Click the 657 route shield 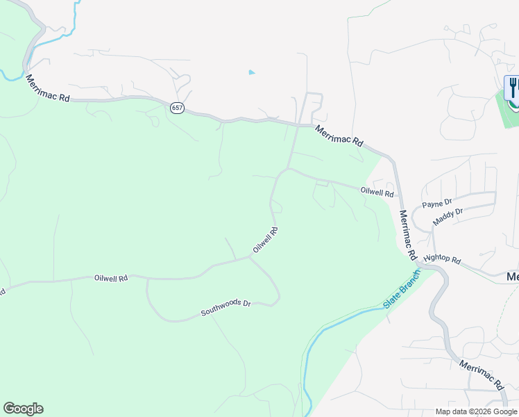[x=177, y=108]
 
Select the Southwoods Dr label [x=226, y=309]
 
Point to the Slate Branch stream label [x=402, y=291]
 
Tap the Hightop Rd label [x=442, y=259]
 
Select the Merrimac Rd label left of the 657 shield [x=48, y=89]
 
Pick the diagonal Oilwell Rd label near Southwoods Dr [x=265, y=240]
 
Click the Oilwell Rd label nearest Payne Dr [x=377, y=191]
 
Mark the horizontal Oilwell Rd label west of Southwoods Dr [x=111, y=278]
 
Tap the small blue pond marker [x=251, y=72]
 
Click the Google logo [x=23, y=409]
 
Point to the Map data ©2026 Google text [x=476, y=411]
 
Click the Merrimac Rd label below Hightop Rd [x=480, y=376]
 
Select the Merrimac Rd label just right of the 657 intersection [x=339, y=135]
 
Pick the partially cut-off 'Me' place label [x=512, y=277]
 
